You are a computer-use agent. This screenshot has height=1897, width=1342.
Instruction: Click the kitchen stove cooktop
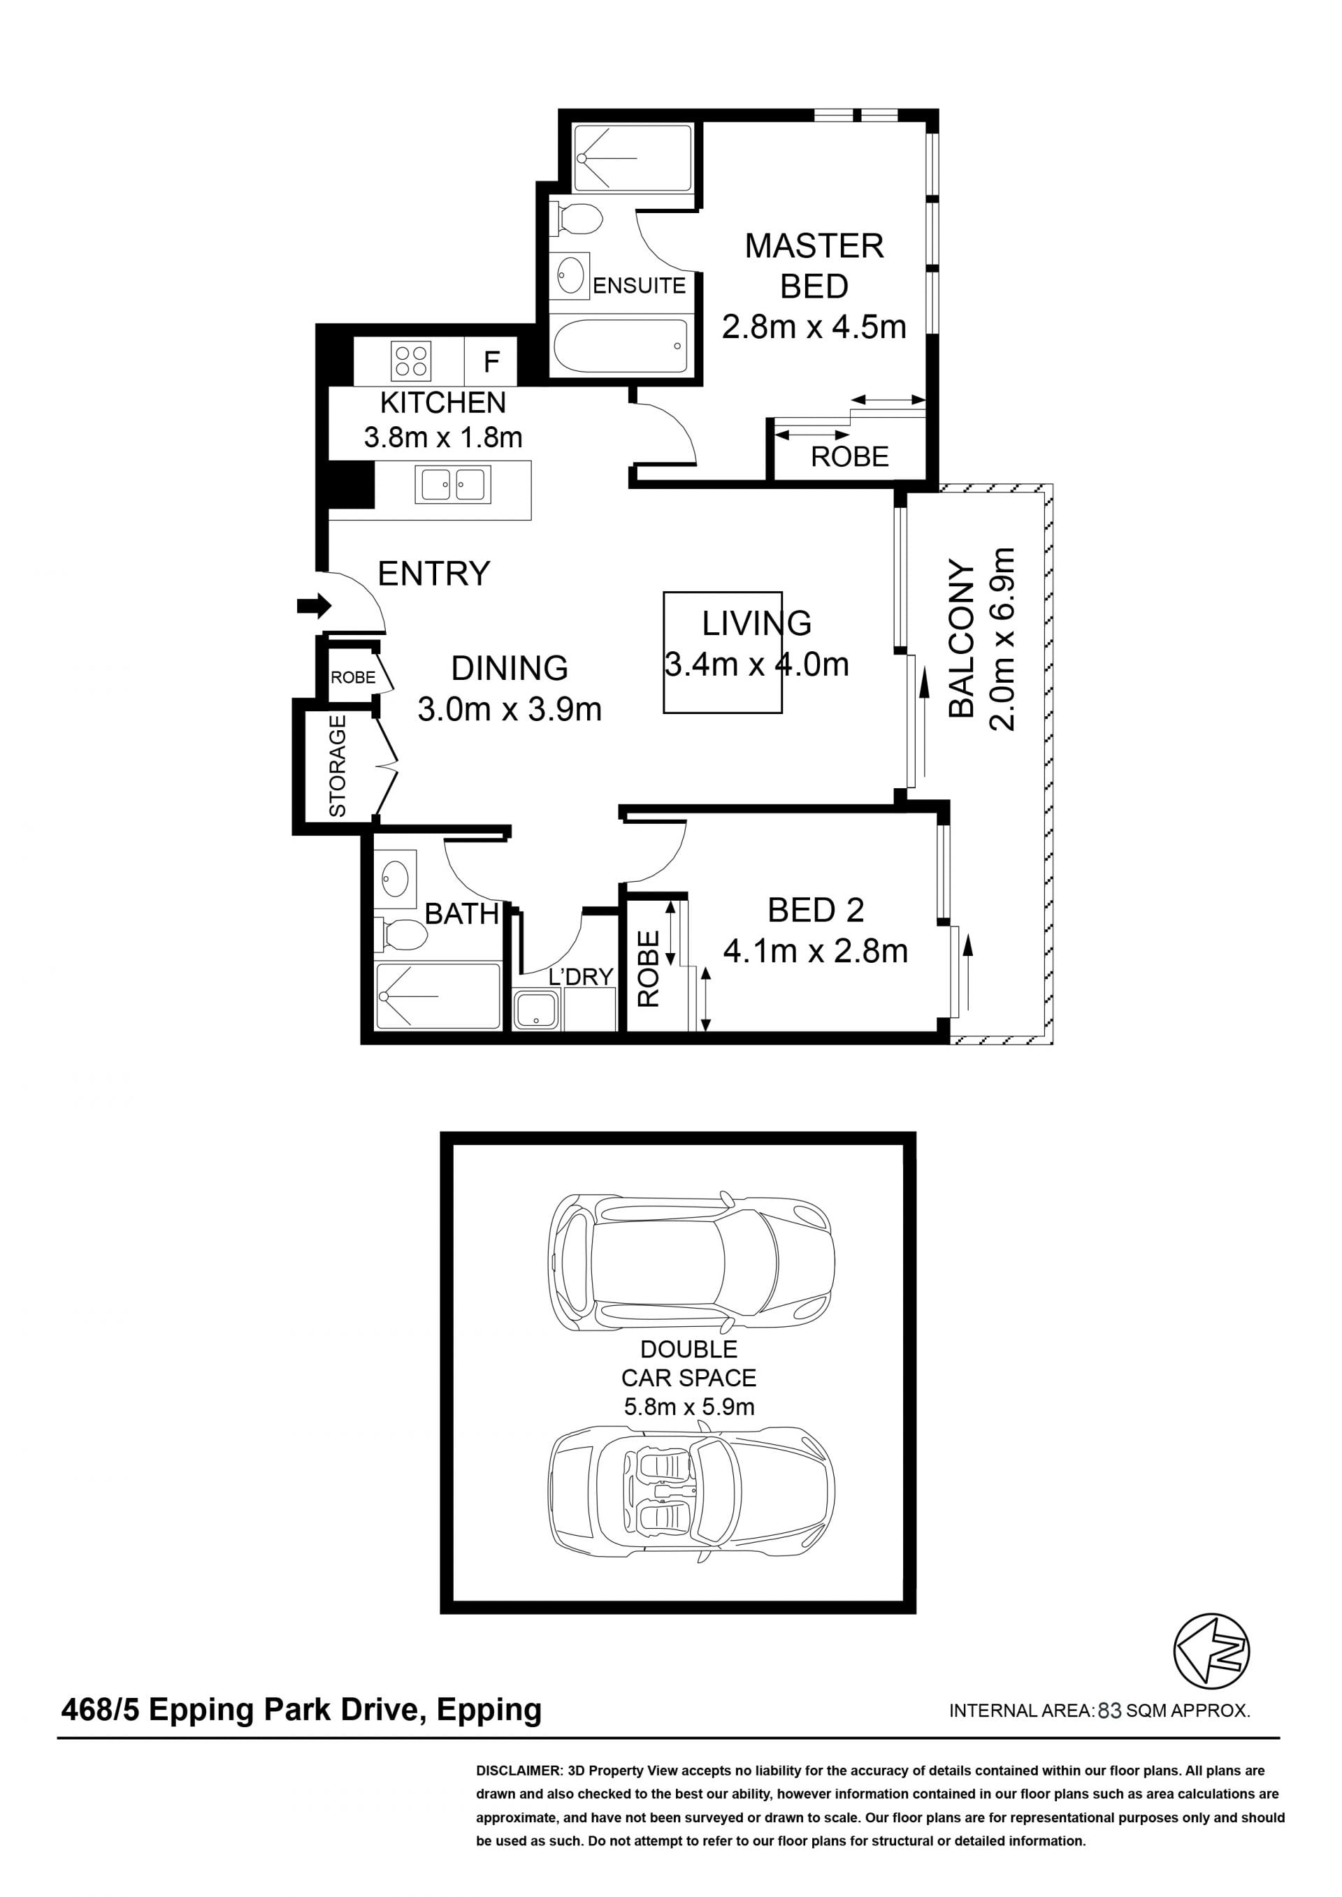pos(411,361)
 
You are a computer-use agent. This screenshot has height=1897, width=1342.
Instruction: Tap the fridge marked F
pos(491,361)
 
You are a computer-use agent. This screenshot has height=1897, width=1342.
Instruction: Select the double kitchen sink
pos(453,485)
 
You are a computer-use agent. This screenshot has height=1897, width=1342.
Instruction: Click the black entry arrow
pos(314,606)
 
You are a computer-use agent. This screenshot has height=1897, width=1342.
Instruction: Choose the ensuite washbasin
pos(570,275)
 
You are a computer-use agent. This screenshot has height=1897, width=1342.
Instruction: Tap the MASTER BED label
pos(814,266)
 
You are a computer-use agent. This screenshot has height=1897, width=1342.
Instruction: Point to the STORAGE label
pos(337,766)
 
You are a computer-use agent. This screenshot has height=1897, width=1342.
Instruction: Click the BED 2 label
pos(816,910)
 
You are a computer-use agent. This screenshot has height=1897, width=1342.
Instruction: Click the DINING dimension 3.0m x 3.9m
pos(509,710)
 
